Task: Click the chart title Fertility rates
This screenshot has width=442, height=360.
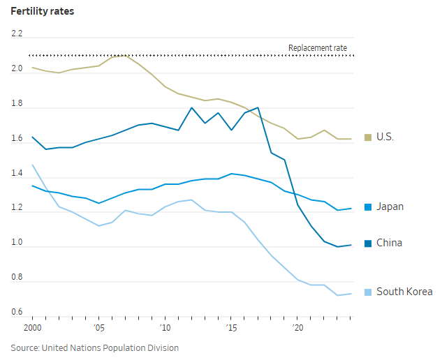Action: [x=43, y=12]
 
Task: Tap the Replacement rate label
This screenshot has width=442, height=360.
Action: [x=318, y=48]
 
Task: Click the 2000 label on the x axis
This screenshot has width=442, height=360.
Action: [x=32, y=327]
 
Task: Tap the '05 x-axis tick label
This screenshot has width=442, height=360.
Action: [x=98, y=327]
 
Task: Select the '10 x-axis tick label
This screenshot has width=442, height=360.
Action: [x=165, y=327]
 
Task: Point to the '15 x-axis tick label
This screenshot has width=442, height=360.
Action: [x=231, y=327]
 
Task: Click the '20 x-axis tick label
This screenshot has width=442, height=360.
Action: [x=297, y=327]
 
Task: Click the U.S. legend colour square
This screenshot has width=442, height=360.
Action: [x=368, y=137]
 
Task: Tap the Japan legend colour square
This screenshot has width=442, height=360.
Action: [x=368, y=207]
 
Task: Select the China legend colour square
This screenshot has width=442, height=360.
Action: [x=368, y=243]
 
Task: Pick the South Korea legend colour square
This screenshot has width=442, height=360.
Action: [x=368, y=292]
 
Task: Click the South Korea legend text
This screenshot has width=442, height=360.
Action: [x=404, y=292]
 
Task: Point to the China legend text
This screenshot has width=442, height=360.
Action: [x=389, y=243]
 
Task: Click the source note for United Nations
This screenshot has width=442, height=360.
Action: [x=94, y=347]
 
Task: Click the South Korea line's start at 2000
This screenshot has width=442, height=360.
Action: [x=32, y=165]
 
